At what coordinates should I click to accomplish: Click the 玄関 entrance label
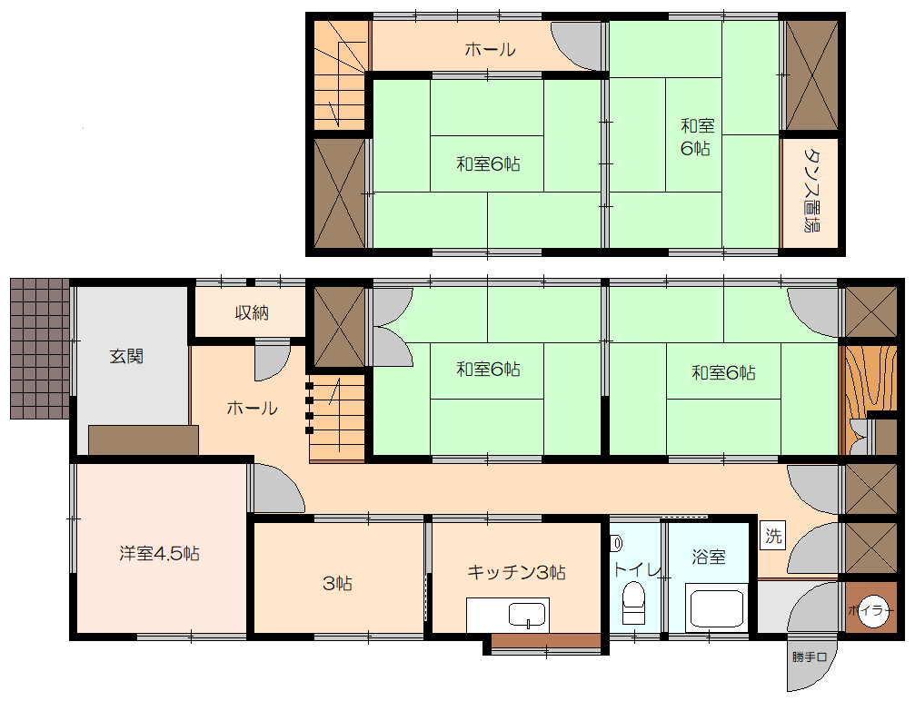point(126,356)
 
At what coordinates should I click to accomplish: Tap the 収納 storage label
point(252,312)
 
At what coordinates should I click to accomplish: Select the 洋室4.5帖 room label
point(159,553)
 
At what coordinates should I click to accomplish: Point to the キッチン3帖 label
point(516,572)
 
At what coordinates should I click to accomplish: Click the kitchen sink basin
point(527,615)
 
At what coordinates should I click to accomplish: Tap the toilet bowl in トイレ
point(633,604)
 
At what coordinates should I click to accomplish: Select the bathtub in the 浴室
point(717,607)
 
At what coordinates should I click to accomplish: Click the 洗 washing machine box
point(772,535)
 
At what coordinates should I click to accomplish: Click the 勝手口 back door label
point(810,657)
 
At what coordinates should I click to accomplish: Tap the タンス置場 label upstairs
point(811,190)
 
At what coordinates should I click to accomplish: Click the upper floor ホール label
point(490,50)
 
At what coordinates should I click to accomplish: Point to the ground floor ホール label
point(252,408)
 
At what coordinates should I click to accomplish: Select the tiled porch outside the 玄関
point(40,349)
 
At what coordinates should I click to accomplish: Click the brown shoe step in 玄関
point(144,440)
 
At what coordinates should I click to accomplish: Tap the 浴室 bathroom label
point(709,557)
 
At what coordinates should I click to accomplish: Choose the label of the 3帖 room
point(337,583)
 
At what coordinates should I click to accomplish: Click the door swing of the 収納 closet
point(272,361)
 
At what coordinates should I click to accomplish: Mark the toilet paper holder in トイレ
point(616,544)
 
